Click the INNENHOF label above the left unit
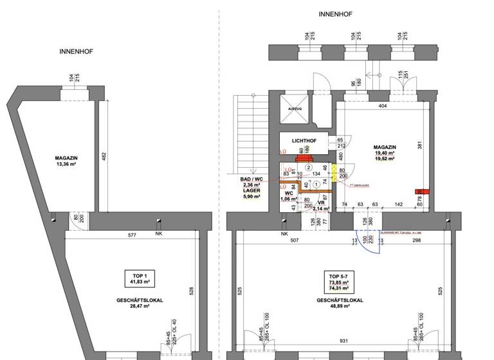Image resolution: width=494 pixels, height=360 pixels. (76, 51)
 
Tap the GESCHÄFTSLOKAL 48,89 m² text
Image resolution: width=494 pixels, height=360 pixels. (337, 303)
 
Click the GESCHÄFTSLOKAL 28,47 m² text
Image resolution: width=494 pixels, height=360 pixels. (139, 303)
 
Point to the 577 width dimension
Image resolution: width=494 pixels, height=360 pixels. (132, 235)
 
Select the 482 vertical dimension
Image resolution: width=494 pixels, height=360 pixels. (104, 156)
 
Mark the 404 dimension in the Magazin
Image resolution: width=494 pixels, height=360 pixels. (382, 105)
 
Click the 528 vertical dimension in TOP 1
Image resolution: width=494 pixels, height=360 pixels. (190, 291)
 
